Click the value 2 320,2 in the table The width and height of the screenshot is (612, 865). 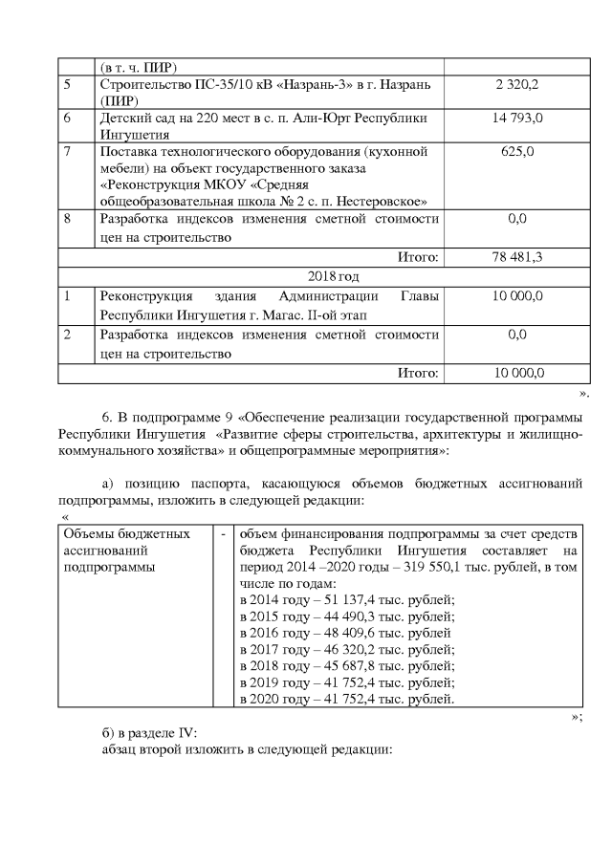click(x=516, y=86)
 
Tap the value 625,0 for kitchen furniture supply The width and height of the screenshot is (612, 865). click(x=516, y=151)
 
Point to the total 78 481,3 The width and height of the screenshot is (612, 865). click(x=516, y=256)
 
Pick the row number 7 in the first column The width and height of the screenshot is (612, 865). click(x=68, y=151)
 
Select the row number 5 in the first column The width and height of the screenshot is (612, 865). click(x=68, y=86)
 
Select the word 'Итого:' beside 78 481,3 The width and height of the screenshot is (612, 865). click(x=418, y=256)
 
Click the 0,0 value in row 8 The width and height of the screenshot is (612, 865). click(x=516, y=219)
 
